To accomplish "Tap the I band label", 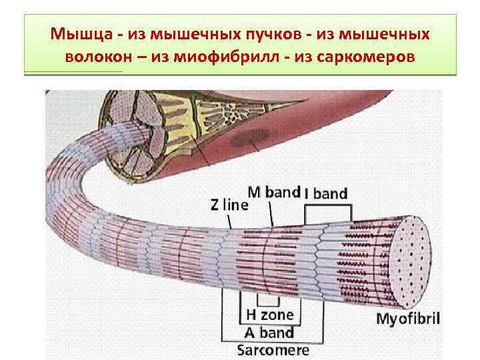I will [325, 195].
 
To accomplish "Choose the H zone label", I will [269, 314].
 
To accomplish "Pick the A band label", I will [268, 331].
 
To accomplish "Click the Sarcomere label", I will [273, 349].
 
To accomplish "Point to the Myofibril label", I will [408, 317].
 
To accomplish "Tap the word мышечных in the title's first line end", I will [396, 33].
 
